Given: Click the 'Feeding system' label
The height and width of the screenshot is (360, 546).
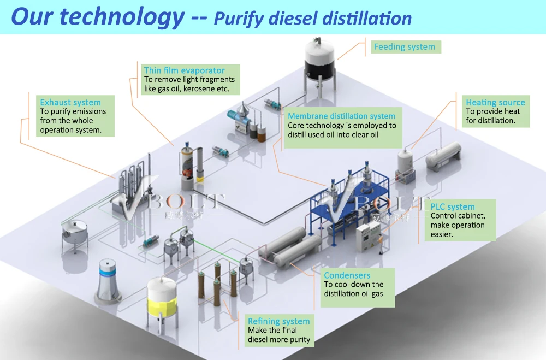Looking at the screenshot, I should pyautogui.click(x=404, y=47).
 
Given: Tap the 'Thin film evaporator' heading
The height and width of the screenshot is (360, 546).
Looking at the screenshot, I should pyautogui.click(x=184, y=70).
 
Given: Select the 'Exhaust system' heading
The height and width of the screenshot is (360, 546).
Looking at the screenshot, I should pyautogui.click(x=70, y=102).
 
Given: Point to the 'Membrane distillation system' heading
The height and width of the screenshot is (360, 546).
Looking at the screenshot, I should pyautogui.click(x=341, y=116).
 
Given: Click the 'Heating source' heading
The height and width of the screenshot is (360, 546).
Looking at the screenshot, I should pyautogui.click(x=495, y=102).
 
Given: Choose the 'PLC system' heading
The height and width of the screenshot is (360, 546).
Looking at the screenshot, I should pyautogui.click(x=453, y=206).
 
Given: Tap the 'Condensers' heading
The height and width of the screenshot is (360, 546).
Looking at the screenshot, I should pyautogui.click(x=347, y=275).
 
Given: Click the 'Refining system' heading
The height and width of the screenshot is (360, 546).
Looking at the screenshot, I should pyautogui.click(x=278, y=321).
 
